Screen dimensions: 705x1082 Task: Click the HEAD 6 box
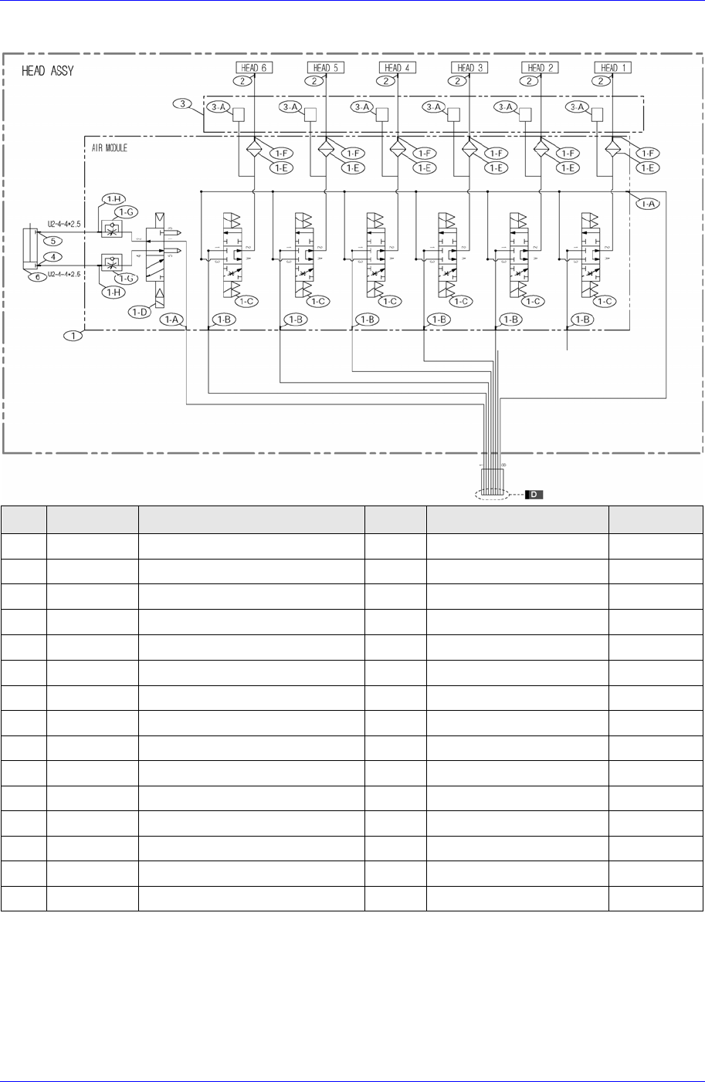click(x=252, y=67)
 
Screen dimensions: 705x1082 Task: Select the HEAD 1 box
click(x=612, y=67)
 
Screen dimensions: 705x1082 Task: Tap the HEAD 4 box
click(x=398, y=67)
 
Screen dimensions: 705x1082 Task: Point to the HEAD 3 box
click(x=469, y=67)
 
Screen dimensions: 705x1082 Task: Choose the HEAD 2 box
click(x=540, y=67)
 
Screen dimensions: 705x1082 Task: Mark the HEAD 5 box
click(x=325, y=67)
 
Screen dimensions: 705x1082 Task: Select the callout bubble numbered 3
click(x=179, y=103)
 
